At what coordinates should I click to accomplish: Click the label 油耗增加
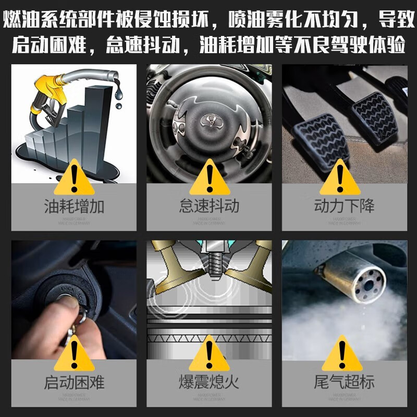[x=73, y=206]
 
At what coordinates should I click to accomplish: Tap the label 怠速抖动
[x=209, y=206]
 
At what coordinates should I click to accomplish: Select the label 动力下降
[x=344, y=206]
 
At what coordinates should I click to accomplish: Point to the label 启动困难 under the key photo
[x=73, y=383]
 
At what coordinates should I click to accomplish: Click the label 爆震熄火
[x=209, y=383]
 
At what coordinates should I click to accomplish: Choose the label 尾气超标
[x=344, y=383]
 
